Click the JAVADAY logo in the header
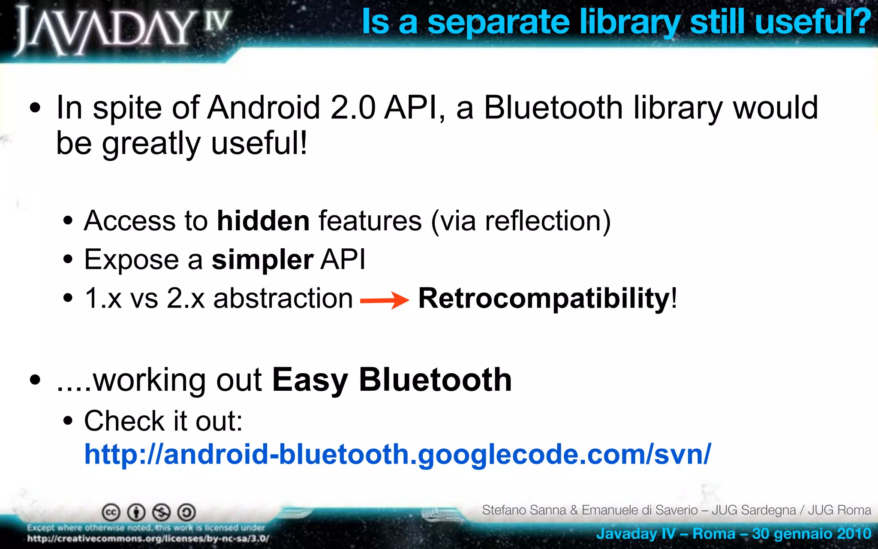click(122, 30)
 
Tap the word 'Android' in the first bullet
click(264, 107)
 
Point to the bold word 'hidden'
click(263, 221)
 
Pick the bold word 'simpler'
click(262, 260)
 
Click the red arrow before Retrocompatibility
click(385, 300)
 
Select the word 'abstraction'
click(283, 298)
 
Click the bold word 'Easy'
click(310, 380)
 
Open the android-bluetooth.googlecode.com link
click(397, 454)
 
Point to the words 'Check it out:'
click(163, 421)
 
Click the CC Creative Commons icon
click(111, 512)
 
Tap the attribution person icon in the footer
click(136, 512)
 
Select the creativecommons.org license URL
click(148, 539)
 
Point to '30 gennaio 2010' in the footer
click(812, 534)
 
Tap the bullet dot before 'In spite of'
click(36, 108)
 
